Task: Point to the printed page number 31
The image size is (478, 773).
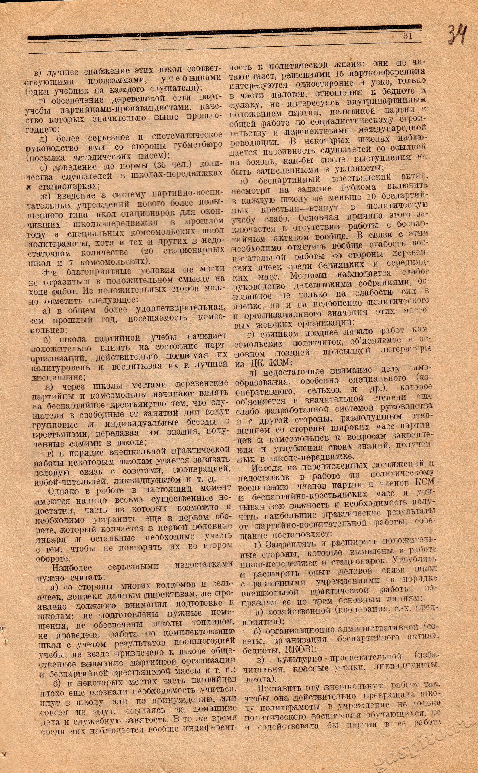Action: pos(408,36)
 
